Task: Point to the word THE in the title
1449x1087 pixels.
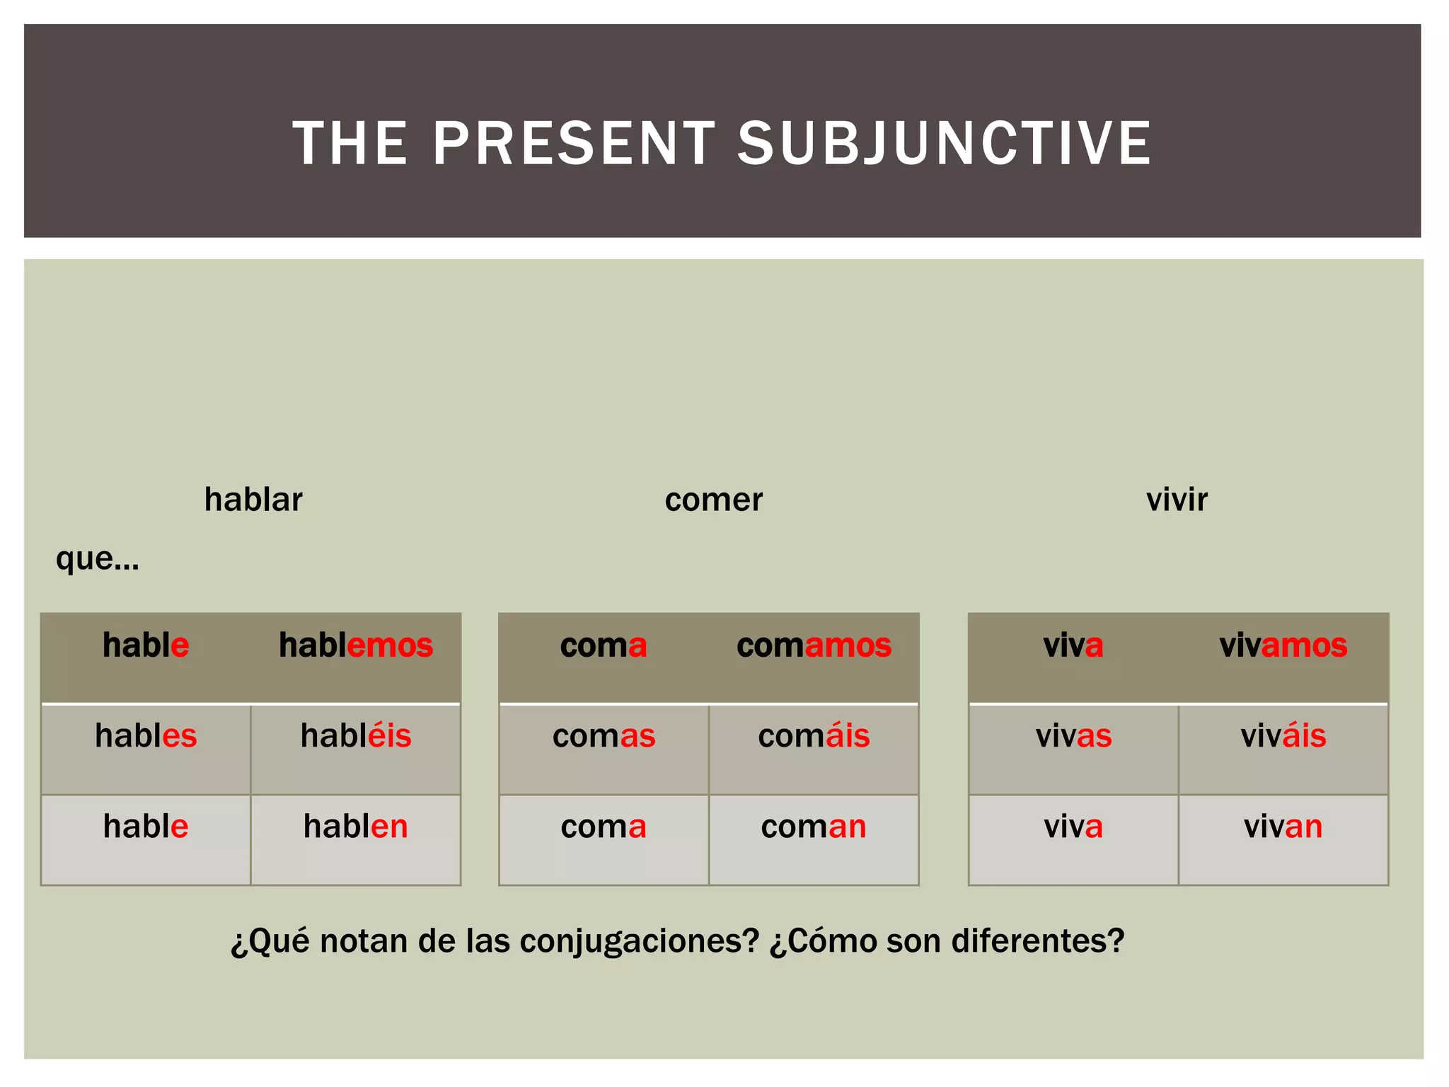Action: [350, 144]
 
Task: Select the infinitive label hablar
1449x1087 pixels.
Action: [253, 500]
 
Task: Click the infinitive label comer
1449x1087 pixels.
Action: [713, 500]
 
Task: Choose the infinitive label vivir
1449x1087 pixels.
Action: [1177, 500]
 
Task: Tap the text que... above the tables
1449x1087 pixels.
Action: [98, 559]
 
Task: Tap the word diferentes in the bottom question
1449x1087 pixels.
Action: [1037, 941]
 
